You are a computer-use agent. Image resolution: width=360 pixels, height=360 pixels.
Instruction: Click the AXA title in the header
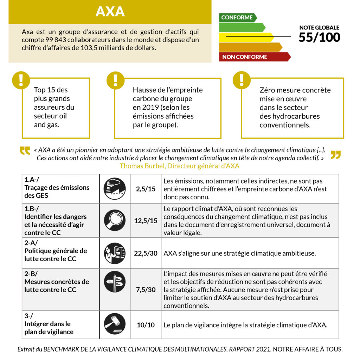tap(110, 12)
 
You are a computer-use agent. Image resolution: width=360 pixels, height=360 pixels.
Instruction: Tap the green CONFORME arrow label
tap(237, 18)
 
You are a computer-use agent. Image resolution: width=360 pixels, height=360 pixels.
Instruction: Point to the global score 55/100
tap(319, 37)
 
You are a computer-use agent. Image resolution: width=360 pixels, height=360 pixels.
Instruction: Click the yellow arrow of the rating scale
tap(246, 37)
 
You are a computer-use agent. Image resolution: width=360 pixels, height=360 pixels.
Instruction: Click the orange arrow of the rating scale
tap(250, 47)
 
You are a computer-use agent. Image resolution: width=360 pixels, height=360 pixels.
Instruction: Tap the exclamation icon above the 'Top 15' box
tap(21, 80)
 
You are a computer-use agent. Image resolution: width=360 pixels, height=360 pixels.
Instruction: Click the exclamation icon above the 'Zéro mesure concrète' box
tap(242, 80)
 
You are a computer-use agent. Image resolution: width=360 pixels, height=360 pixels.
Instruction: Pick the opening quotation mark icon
tap(25, 151)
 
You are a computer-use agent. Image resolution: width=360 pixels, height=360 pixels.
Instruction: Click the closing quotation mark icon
tap(335, 155)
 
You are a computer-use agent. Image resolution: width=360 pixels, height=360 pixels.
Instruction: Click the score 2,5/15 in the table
tap(146, 189)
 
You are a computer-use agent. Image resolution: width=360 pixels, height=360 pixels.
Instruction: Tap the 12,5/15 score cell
tap(146, 220)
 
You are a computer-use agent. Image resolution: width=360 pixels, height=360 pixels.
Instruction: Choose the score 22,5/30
tap(146, 253)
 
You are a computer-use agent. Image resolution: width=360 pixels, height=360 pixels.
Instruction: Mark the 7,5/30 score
tap(146, 290)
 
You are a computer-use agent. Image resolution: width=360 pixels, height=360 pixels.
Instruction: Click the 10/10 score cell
tap(146, 325)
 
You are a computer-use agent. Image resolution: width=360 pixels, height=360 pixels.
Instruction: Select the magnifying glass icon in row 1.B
tap(115, 220)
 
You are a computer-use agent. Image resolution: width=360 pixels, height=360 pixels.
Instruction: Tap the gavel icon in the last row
tap(115, 324)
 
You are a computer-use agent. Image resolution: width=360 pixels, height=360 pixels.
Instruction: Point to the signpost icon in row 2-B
tap(115, 282)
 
